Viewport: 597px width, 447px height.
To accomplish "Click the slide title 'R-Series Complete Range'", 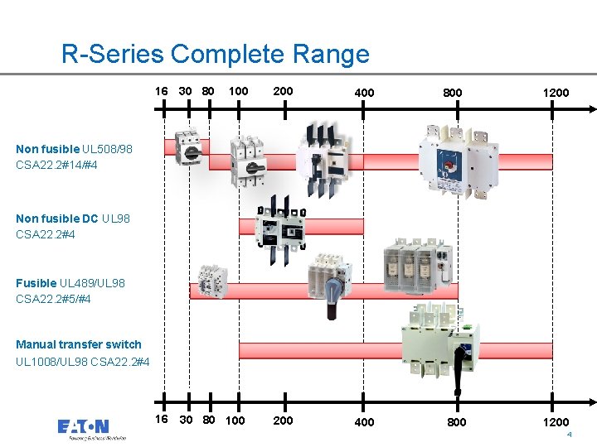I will [216, 55].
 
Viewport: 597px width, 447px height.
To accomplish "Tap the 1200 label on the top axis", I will [556, 93].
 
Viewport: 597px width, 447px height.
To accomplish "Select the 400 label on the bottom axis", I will [364, 422].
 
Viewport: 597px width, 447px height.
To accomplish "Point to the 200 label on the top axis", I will [283, 90].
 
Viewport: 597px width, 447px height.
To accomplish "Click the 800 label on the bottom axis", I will [457, 422].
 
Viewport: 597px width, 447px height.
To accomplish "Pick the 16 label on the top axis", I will [161, 90].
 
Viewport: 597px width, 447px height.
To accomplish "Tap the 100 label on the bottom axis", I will [235, 421].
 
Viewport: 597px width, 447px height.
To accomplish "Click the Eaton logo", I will [83, 428].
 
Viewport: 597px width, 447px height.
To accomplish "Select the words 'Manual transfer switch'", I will [79, 344].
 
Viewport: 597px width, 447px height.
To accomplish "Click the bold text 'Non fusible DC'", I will [56, 219].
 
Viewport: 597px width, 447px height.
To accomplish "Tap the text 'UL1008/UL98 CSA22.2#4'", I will [83, 362].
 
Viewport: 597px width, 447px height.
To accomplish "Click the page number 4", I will [570, 435].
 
